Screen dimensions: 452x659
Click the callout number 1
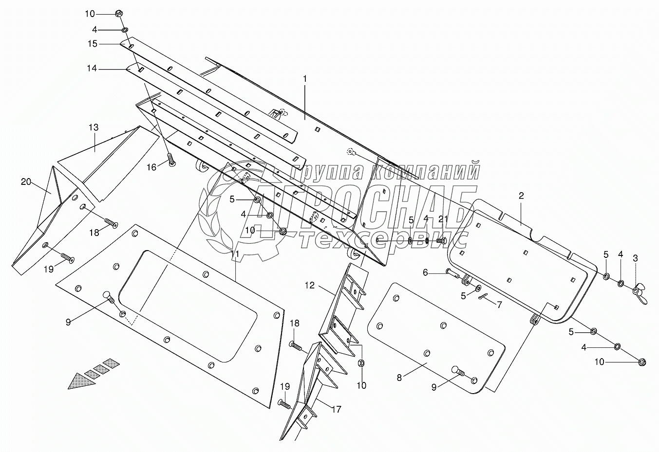pos(305,78)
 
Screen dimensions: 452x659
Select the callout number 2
pos(521,196)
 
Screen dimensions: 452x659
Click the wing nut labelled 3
pos(639,294)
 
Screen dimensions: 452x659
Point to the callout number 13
pos(94,127)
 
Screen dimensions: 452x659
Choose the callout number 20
pos(26,182)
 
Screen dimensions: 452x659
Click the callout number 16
pos(152,167)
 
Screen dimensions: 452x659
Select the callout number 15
pos(93,44)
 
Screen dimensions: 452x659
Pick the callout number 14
pos(91,69)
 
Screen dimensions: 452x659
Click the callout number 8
pos(399,377)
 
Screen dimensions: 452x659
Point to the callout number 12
pos(310,286)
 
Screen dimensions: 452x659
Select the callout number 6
pos(425,273)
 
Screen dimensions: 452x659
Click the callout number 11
pos(235,254)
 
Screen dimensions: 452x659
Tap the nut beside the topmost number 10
pos(119,14)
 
